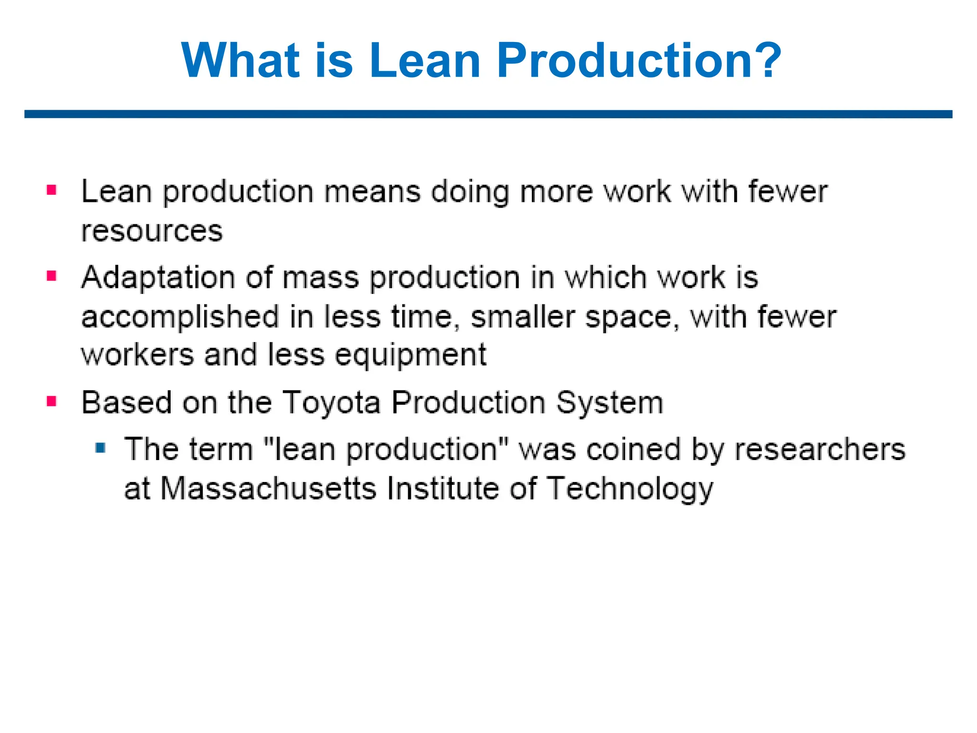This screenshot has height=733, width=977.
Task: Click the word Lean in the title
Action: coord(424,61)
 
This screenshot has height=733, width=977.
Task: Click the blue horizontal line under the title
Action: coord(488,114)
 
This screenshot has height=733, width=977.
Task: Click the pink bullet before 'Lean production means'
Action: coord(52,191)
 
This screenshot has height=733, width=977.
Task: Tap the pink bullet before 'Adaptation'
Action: coord(52,276)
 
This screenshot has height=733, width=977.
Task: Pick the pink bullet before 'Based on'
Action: coord(52,401)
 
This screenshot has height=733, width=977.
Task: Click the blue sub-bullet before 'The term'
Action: coord(100,448)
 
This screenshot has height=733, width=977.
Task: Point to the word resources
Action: coord(152,231)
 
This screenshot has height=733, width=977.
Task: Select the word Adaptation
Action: coord(158,278)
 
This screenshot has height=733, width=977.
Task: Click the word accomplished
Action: coord(180,317)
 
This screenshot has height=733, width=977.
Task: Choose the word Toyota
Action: coord(331,403)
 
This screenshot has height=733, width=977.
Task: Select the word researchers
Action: coord(820,450)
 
